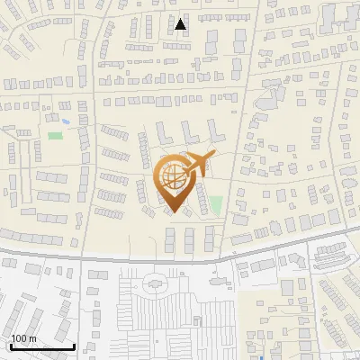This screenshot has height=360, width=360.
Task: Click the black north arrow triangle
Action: click(181, 24)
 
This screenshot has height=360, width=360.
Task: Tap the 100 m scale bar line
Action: click(42, 346)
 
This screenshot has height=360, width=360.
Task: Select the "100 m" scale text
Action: click(24, 338)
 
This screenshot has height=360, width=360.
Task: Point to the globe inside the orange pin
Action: click(174, 177)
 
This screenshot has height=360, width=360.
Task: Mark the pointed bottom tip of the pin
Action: click(175, 212)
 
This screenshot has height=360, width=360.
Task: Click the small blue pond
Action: click(65, 120)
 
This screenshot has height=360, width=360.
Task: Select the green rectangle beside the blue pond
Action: click(56, 136)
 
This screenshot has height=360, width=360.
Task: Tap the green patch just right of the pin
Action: click(216, 205)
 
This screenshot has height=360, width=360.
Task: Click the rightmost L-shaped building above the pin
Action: click(214, 132)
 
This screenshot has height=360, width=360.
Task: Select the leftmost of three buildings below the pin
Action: click(170, 239)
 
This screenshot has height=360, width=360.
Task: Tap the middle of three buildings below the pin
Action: click(190, 239)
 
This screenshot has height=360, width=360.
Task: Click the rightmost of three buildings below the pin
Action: click(210, 239)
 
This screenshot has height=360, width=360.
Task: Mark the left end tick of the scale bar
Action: click(11, 346)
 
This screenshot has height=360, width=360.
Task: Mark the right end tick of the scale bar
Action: click(74, 346)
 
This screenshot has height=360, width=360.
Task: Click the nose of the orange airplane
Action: click(215, 155)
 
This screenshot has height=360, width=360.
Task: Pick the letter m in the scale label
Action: click(32, 338)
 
